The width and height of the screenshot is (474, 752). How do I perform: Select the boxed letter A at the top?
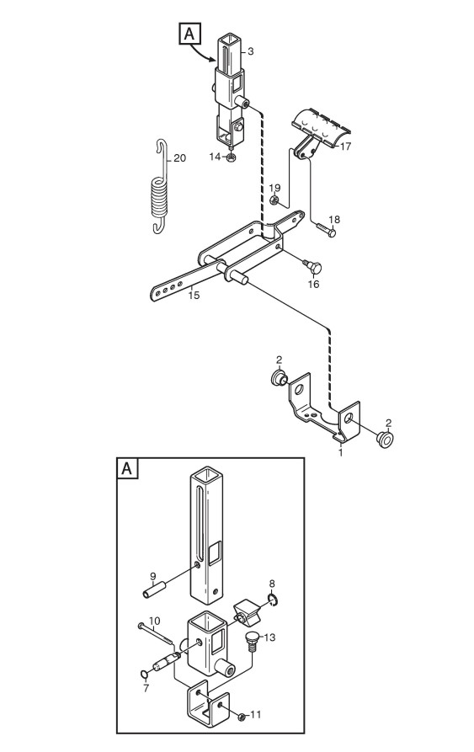tap(189, 34)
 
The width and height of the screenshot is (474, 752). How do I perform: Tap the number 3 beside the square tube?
tap(250, 51)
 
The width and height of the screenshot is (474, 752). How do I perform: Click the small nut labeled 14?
tap(231, 158)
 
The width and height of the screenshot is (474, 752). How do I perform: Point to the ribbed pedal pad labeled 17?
tap(320, 125)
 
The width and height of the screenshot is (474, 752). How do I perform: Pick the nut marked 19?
tap(274, 200)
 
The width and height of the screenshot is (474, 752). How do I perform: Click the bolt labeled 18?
tap(327, 229)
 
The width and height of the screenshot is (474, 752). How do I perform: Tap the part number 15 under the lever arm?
tap(194, 296)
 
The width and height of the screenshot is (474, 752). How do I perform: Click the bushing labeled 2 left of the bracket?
tap(279, 378)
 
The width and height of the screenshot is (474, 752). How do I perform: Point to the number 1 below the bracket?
tap(341, 452)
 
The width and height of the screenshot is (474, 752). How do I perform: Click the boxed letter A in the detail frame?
tap(127, 468)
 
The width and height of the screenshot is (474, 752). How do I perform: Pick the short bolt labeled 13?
tap(252, 641)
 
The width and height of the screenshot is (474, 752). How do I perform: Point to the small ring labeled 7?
tap(144, 675)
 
